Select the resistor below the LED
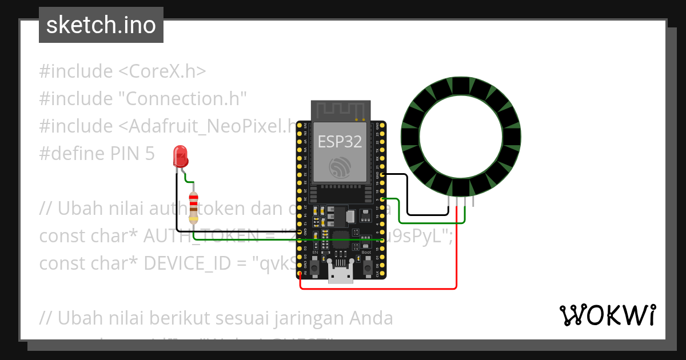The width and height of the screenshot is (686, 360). point(194,207)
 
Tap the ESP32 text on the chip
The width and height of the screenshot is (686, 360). point(340,142)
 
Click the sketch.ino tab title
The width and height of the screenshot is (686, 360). point(101,25)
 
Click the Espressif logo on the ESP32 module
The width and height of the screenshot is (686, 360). point(340,167)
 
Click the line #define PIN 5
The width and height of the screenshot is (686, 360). point(97,154)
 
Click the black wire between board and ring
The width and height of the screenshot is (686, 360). point(407,194)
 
